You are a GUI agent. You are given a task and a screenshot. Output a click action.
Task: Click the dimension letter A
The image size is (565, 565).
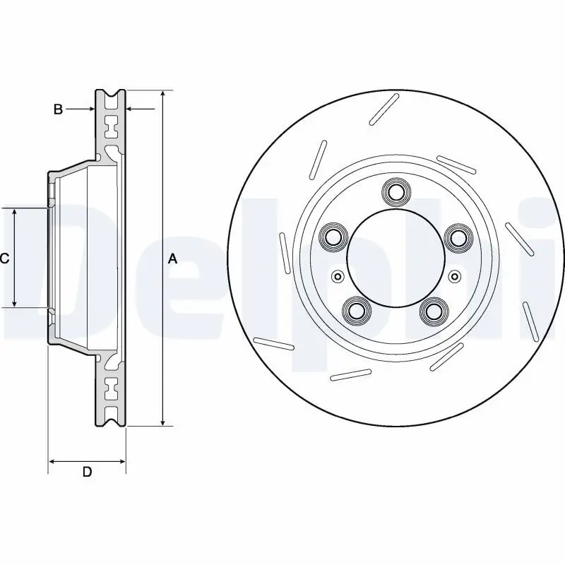[x=172, y=259]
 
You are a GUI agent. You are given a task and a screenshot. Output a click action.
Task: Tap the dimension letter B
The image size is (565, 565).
[x=59, y=109]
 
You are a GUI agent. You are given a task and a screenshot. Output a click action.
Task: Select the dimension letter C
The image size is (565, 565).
[x=4, y=258]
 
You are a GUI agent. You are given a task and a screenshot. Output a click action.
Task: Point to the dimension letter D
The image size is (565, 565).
[x=87, y=472]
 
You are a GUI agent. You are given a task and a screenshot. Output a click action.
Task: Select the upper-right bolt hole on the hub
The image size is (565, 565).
[x=458, y=237]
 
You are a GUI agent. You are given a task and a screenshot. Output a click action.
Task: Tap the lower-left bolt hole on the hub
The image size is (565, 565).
[x=356, y=310]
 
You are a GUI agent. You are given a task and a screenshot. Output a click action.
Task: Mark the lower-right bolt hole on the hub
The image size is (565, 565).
[x=434, y=310]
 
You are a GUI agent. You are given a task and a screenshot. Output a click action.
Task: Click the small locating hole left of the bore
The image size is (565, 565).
[x=337, y=275]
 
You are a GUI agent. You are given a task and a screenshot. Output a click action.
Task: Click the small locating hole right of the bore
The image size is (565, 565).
[x=454, y=275]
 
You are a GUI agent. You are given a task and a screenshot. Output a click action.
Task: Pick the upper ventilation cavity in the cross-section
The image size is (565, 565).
[x=110, y=129]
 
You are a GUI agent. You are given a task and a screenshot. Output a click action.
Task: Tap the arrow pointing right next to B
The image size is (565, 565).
[x=90, y=109]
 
